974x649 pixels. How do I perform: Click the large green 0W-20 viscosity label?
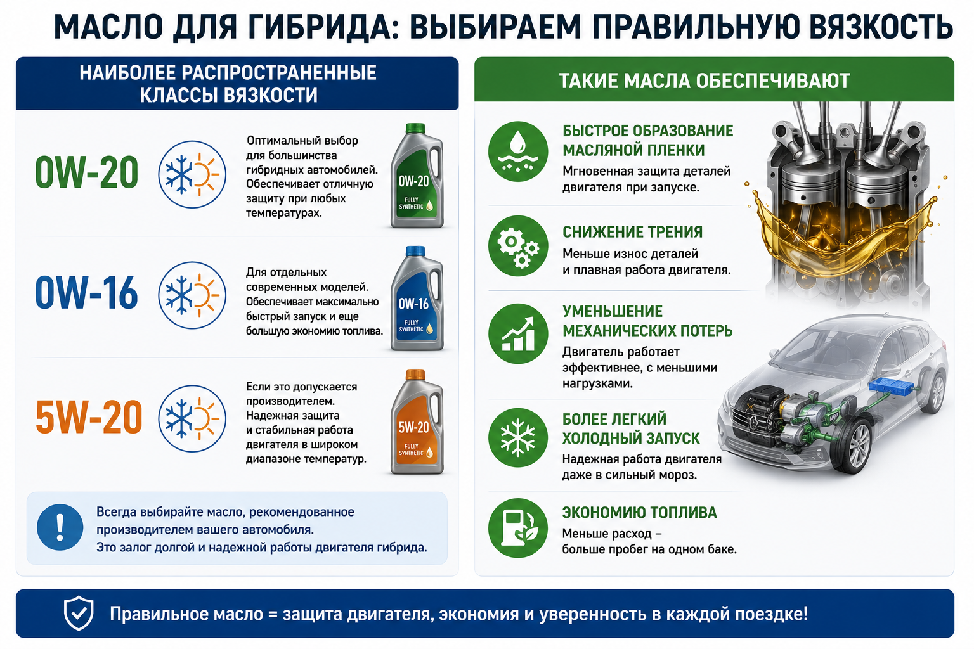pyautogui.click(x=86, y=173)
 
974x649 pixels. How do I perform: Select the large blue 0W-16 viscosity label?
pyautogui.click(x=86, y=293)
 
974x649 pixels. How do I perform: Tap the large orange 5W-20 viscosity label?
pyautogui.click(x=89, y=418)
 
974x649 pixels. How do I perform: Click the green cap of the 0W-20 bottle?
pyautogui.click(x=415, y=128)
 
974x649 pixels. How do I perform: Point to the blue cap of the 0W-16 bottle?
pyautogui.click(x=415, y=251)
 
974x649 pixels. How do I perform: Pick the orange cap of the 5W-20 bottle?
pyautogui.click(x=415, y=375)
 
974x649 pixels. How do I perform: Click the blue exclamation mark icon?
pyautogui.click(x=60, y=527)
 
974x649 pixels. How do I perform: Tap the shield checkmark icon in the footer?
pyautogui.click(x=79, y=614)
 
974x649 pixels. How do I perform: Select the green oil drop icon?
pyautogui.click(x=518, y=151)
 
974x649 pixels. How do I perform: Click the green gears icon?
pyautogui.click(x=518, y=246)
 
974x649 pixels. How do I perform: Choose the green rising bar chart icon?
pyautogui.click(x=518, y=334)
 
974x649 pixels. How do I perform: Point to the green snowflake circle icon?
pyautogui.click(x=518, y=438)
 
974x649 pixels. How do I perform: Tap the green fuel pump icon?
pyautogui.click(x=518, y=528)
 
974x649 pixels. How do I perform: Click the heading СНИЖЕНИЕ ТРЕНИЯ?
pyautogui.click(x=632, y=232)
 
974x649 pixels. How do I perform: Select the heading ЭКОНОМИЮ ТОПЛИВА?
pyautogui.click(x=639, y=513)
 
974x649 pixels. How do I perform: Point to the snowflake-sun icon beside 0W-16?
pyautogui.click(x=192, y=295)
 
